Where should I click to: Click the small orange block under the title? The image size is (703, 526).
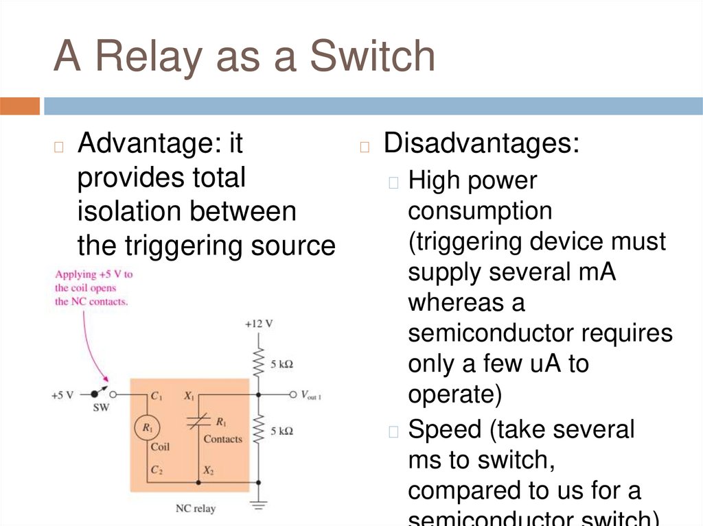click(x=20, y=106)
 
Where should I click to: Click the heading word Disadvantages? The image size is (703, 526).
click(x=481, y=144)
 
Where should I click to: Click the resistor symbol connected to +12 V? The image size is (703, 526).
click(x=259, y=362)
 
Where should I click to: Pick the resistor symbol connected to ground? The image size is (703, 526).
click(x=259, y=431)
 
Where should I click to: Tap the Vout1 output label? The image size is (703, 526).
click(x=310, y=396)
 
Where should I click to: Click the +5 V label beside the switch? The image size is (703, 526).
click(x=63, y=396)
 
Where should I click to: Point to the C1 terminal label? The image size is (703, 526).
click(x=157, y=396)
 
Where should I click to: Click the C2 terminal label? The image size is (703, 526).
click(x=157, y=471)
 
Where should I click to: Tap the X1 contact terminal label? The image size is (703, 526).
click(x=189, y=396)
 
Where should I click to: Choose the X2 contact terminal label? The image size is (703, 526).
click(x=208, y=471)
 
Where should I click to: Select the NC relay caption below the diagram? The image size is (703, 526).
click(x=196, y=508)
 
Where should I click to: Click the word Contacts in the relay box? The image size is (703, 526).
click(x=223, y=438)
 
